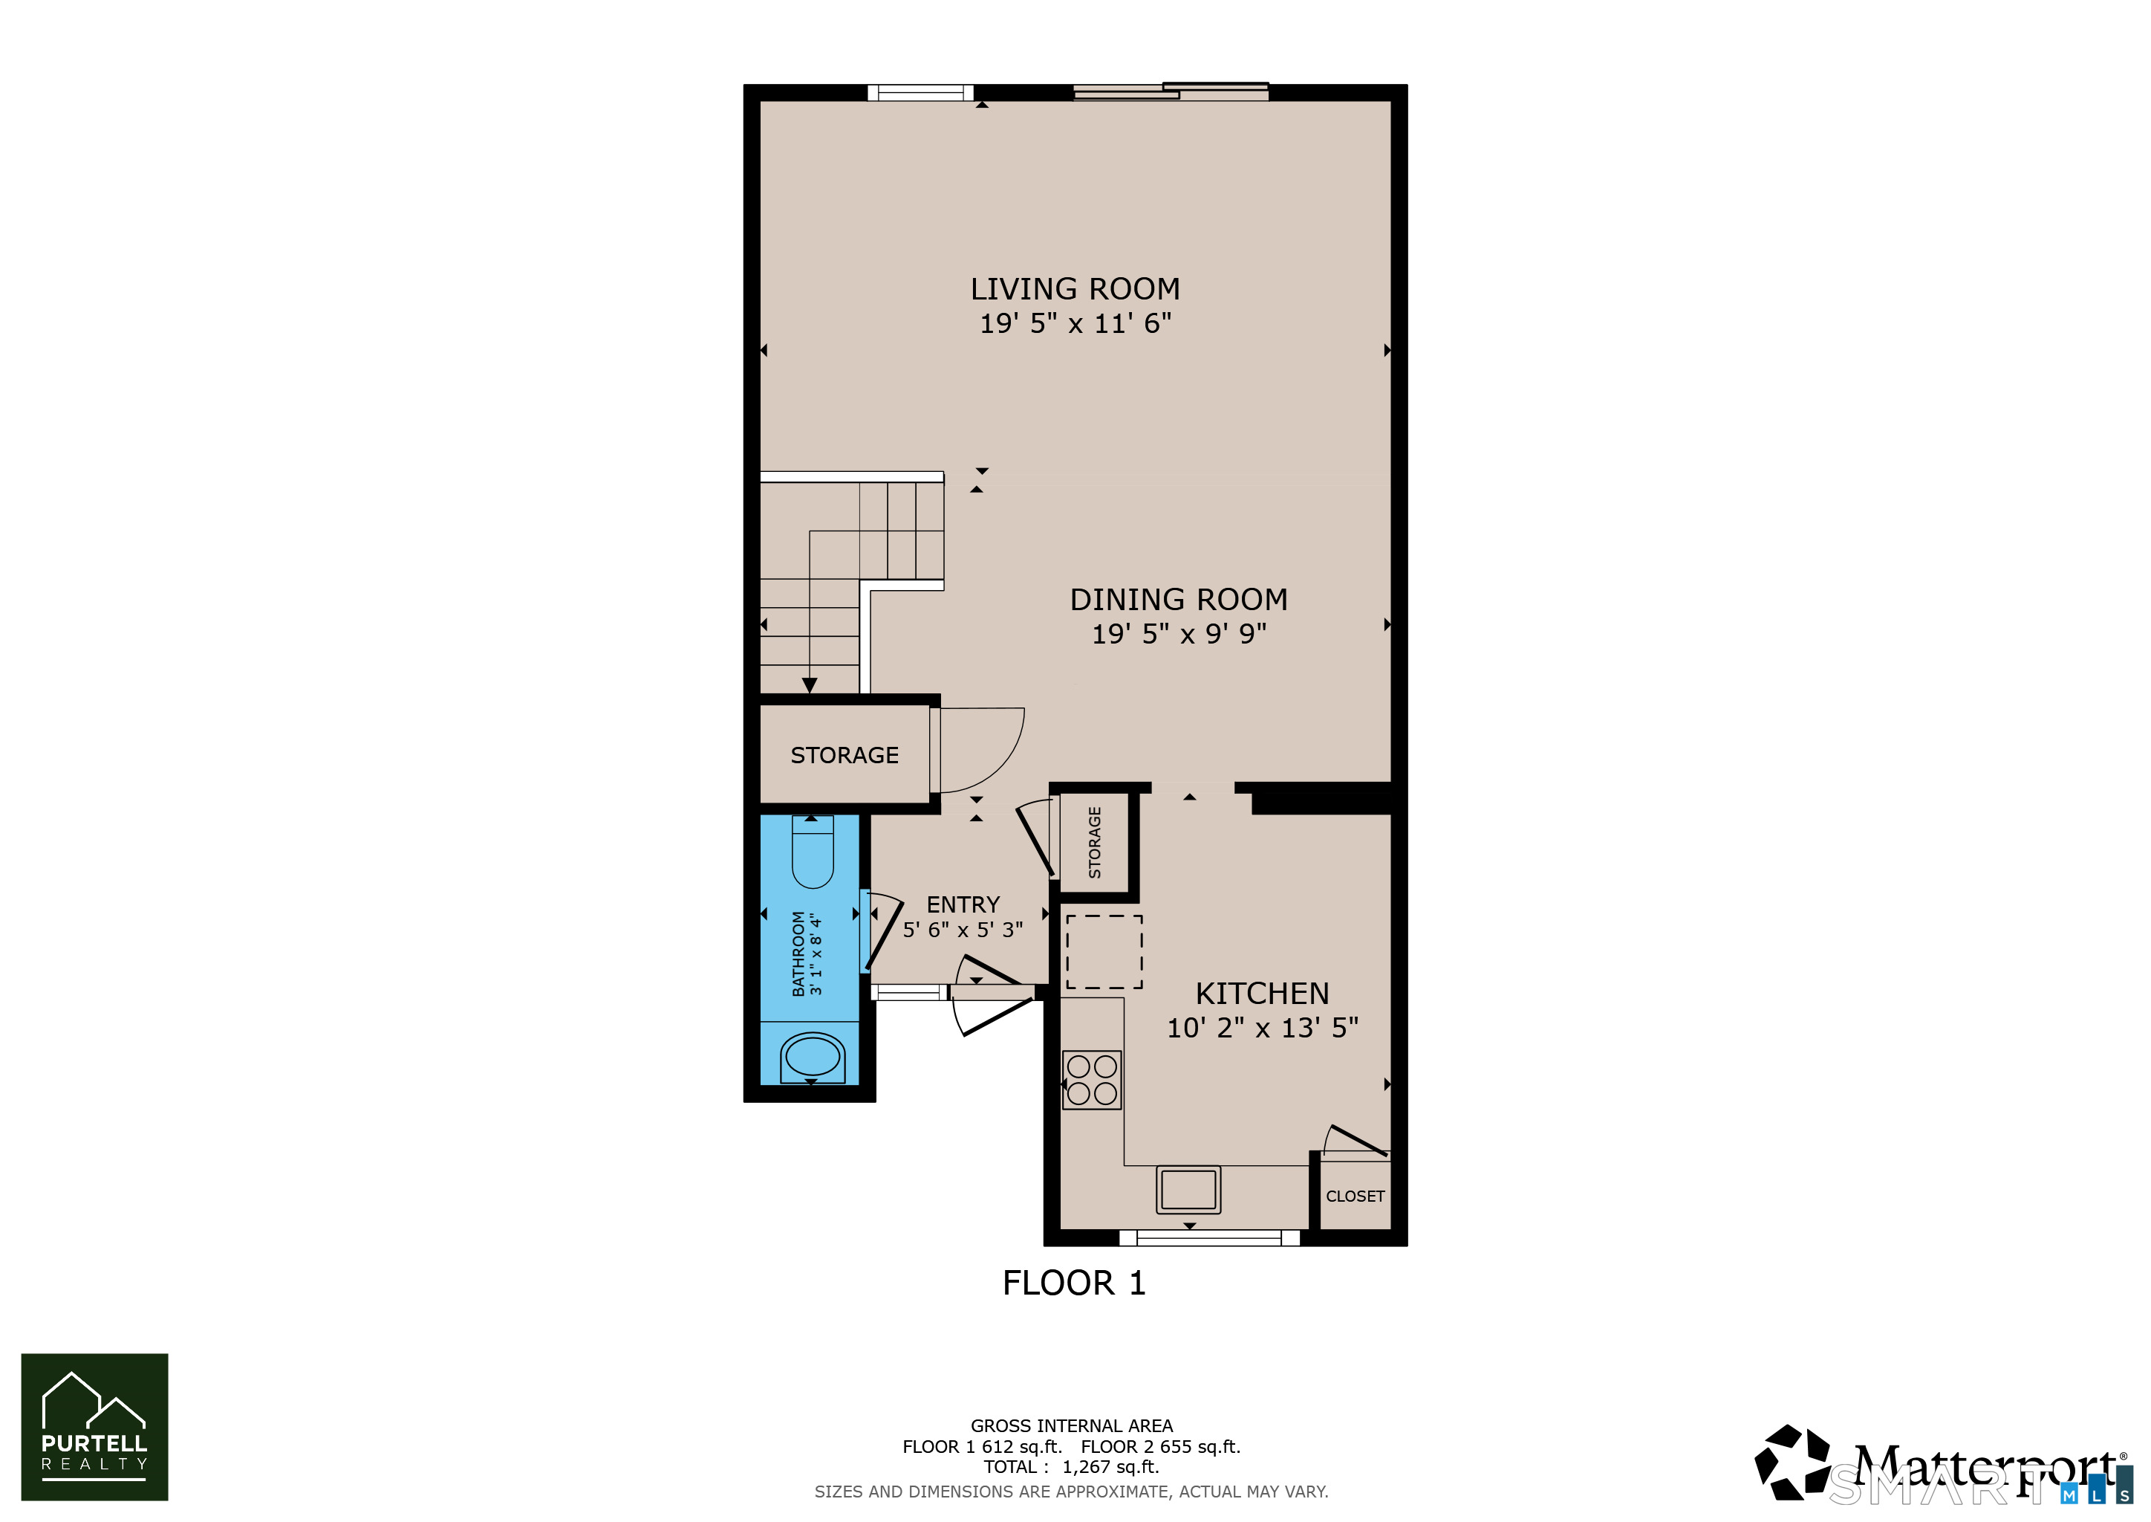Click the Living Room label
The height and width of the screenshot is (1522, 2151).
(1075, 288)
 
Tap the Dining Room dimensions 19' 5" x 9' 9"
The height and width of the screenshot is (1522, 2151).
(1179, 633)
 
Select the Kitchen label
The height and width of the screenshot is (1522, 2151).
(1262, 994)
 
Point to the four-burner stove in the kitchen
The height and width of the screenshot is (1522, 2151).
(1091, 1080)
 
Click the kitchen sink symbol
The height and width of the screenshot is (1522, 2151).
(1188, 1189)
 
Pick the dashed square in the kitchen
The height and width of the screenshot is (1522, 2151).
(1104, 951)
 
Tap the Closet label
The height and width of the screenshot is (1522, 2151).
(1355, 1196)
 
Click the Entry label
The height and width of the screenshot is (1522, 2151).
(963, 904)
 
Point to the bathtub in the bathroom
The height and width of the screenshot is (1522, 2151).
(813, 1056)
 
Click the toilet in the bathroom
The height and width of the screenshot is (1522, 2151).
(813, 851)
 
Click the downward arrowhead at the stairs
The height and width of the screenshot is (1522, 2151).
(810, 685)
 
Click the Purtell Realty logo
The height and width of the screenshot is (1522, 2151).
(94, 1426)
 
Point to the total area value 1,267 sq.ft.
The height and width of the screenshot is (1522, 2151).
(1110, 1467)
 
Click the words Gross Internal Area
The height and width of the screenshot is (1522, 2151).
(1072, 1425)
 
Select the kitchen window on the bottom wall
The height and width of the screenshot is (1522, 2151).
(1209, 1238)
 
